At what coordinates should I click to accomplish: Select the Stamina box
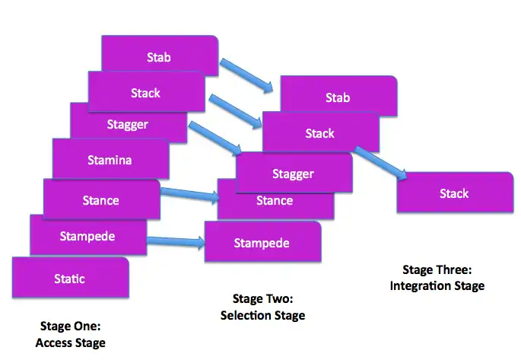pyautogui.click(x=109, y=161)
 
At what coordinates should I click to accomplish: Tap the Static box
pyautogui.click(x=69, y=279)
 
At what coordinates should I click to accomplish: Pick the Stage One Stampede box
pyautogui.click(x=87, y=236)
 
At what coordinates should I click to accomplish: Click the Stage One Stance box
pyautogui.click(x=100, y=200)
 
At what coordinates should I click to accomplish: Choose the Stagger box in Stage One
pyautogui.click(x=127, y=123)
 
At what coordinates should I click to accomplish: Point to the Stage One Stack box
pyautogui.click(x=145, y=92)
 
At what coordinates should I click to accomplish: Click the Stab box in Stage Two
pyautogui.click(x=338, y=97)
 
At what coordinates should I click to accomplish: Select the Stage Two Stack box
pyautogui.click(x=319, y=132)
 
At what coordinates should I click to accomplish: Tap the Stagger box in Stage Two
pyautogui.click(x=293, y=174)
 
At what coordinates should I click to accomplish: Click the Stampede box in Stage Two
pyautogui.click(x=262, y=243)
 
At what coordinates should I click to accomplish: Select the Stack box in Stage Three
pyautogui.click(x=454, y=193)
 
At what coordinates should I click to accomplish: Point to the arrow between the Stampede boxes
pyautogui.click(x=176, y=242)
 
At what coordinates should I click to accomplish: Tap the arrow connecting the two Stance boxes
pyautogui.click(x=189, y=196)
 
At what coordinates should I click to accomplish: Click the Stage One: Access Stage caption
pyautogui.click(x=70, y=335)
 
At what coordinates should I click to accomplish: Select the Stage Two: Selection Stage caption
pyautogui.click(x=262, y=307)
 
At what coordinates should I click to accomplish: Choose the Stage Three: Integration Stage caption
pyautogui.click(x=437, y=278)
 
